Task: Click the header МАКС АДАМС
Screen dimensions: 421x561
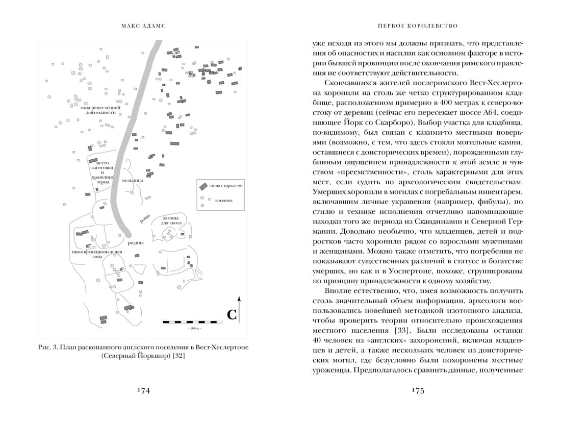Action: [x=143, y=25]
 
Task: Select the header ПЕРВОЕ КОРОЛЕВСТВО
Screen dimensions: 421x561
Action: [x=418, y=25]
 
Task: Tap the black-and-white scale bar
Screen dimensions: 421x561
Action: [x=194, y=321]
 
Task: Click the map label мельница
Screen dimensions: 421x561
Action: [x=132, y=180]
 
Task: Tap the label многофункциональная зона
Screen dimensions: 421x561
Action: [x=96, y=255]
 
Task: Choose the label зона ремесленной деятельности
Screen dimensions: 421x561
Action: [x=100, y=111]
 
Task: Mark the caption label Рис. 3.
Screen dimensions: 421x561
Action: [x=48, y=346]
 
